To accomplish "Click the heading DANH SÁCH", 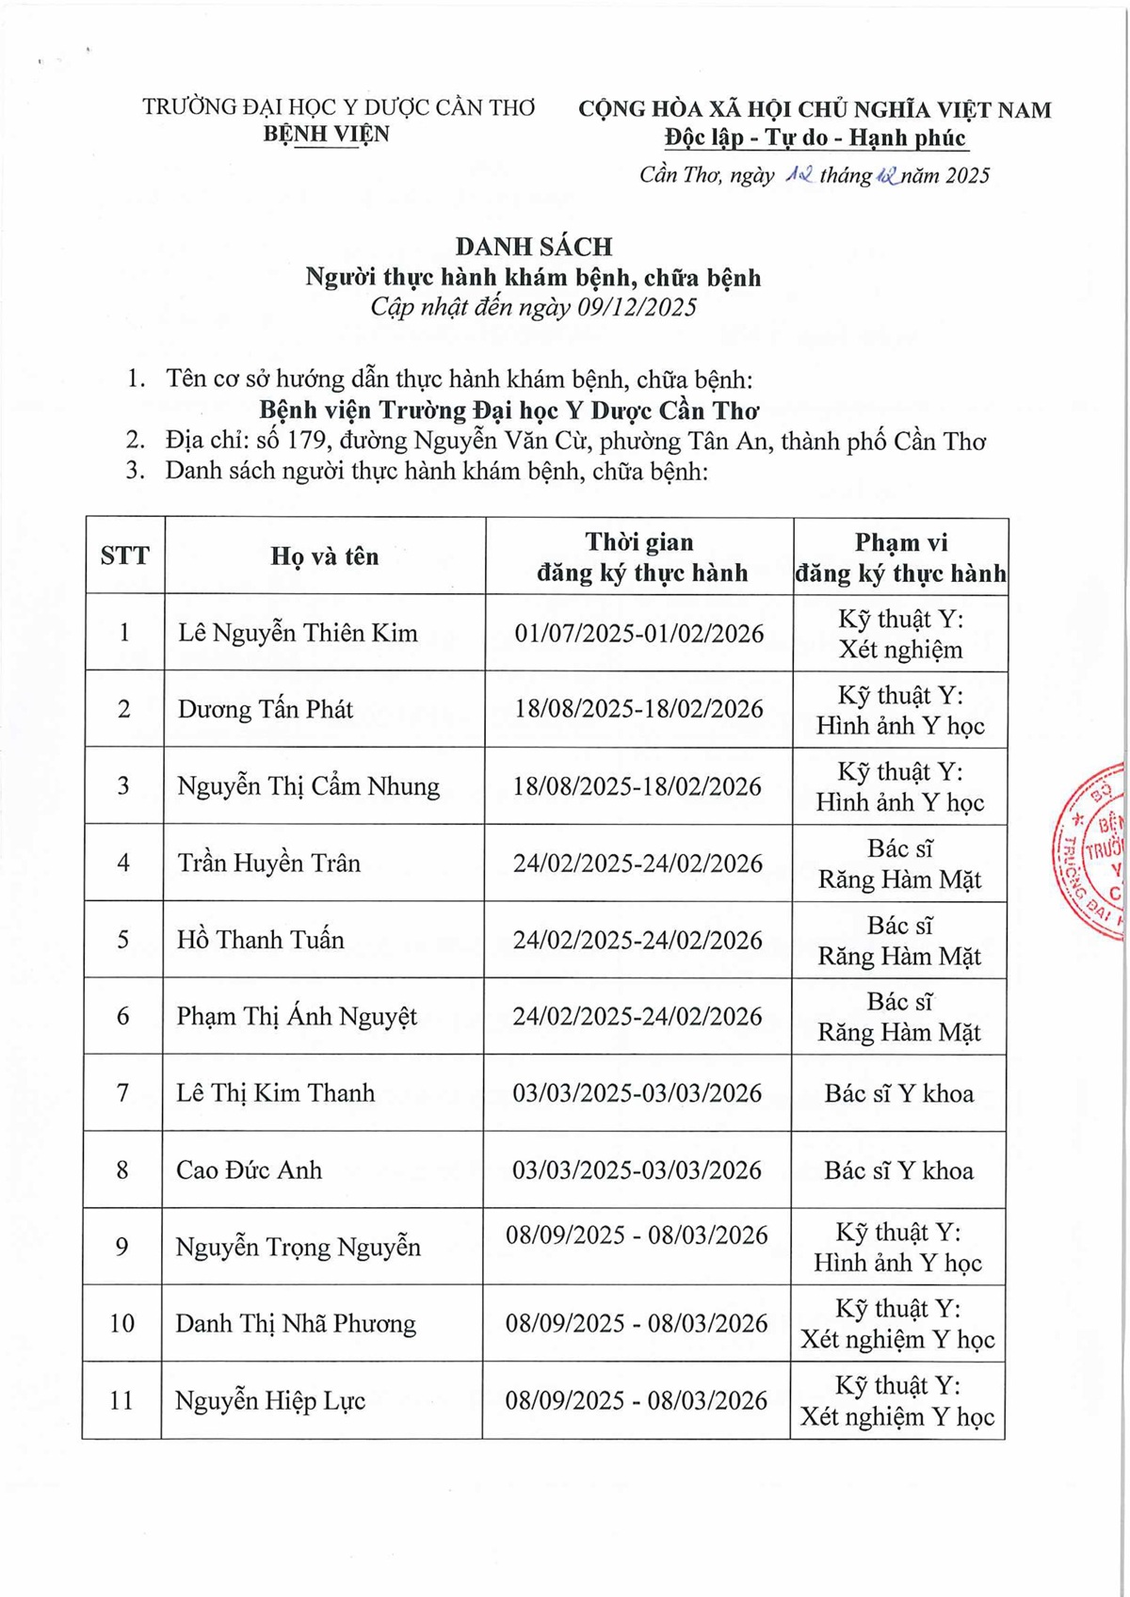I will (x=534, y=247).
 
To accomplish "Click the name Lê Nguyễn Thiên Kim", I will (x=298, y=633).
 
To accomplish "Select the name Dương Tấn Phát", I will (x=266, y=709).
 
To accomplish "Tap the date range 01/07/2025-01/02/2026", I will (x=638, y=633).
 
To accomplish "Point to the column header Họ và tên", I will (x=325, y=557).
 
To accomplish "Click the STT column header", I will (x=124, y=557).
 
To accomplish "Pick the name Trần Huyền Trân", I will (x=269, y=863).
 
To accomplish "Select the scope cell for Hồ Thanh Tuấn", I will (x=899, y=940).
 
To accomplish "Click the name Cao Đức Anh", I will (x=250, y=1170).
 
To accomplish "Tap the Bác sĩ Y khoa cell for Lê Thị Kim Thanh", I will (x=899, y=1093).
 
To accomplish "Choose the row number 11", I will (x=121, y=1400).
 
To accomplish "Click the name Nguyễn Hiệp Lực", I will (x=270, y=1400).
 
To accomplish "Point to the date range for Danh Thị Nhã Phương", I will (x=637, y=1323).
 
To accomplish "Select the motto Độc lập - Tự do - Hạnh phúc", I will (x=815, y=138).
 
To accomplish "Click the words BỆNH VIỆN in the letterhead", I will (x=326, y=134).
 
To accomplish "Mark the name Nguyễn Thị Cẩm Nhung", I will (x=309, y=786).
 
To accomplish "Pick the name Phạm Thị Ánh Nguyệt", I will (x=297, y=1016).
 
